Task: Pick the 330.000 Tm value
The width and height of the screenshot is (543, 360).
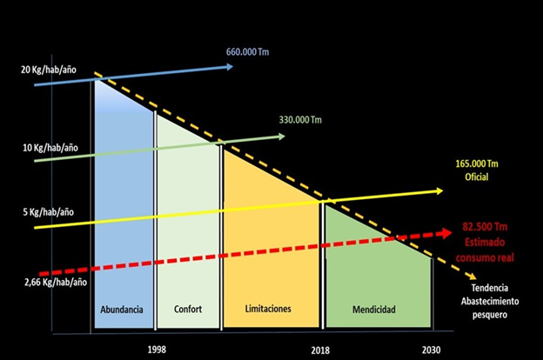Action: (299, 119)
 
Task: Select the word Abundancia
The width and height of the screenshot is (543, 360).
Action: (122, 310)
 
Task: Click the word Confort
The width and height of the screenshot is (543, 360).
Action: (188, 310)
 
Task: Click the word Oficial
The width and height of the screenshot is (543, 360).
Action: (476, 177)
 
